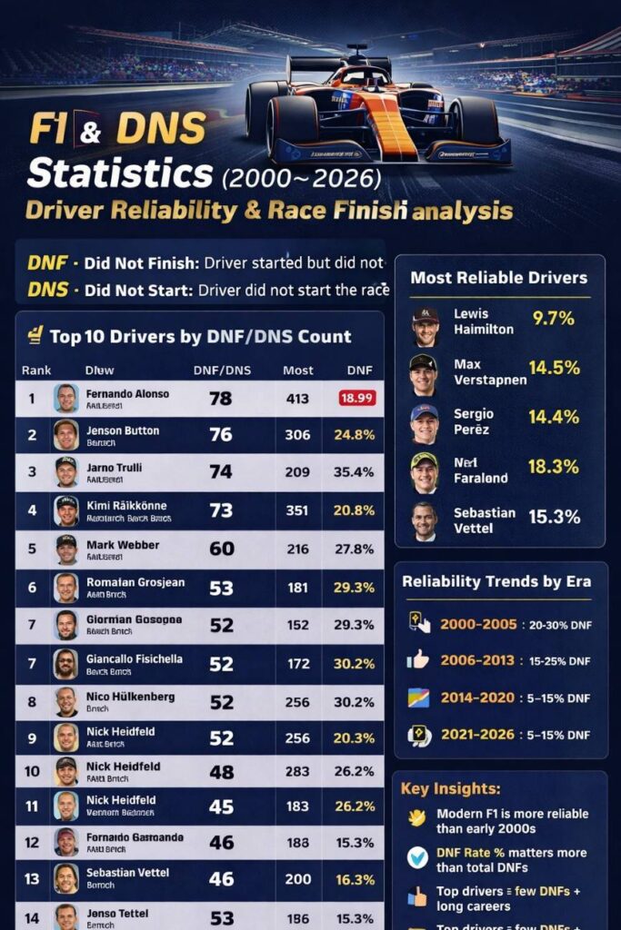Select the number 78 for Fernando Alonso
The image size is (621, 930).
[x=220, y=398]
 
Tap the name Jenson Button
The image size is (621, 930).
[x=122, y=430]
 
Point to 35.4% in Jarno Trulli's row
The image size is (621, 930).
[x=354, y=472]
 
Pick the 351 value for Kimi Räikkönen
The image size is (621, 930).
[x=297, y=510]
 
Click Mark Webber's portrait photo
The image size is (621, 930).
[x=65, y=549]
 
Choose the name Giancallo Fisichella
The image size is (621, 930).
[x=134, y=658]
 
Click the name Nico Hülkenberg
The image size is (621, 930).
[x=130, y=697]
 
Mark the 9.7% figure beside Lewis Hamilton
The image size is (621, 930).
[x=553, y=319]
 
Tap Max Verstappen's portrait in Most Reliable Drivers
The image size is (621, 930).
[x=424, y=374]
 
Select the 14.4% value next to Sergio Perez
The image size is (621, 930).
[x=554, y=417]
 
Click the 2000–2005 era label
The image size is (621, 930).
[x=478, y=624]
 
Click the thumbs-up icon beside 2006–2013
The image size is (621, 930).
[x=418, y=659]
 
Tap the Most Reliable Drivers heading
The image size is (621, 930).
[x=498, y=278]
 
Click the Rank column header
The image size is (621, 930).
[x=36, y=371]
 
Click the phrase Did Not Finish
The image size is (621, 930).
[x=141, y=264]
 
